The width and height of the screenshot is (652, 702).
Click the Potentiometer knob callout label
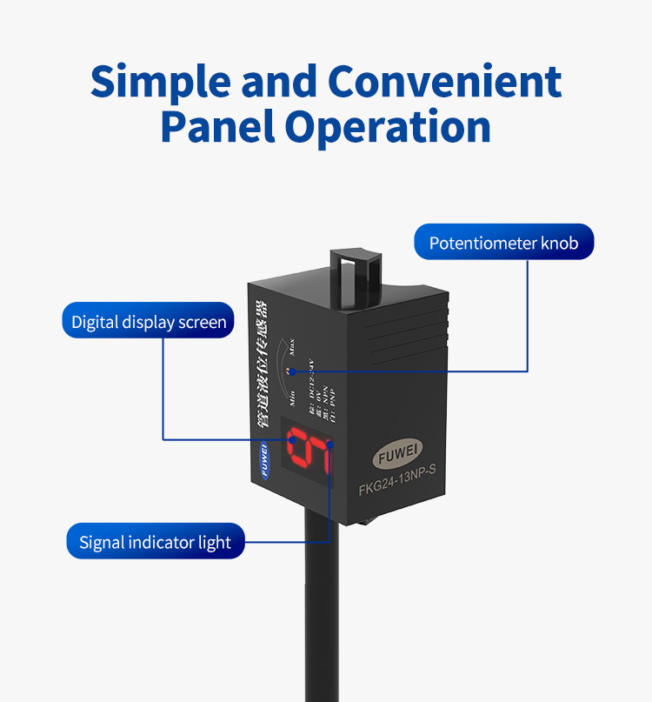pos(504,242)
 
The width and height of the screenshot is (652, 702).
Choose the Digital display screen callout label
pos(149,322)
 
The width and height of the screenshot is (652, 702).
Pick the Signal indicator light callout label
pos(156,543)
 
